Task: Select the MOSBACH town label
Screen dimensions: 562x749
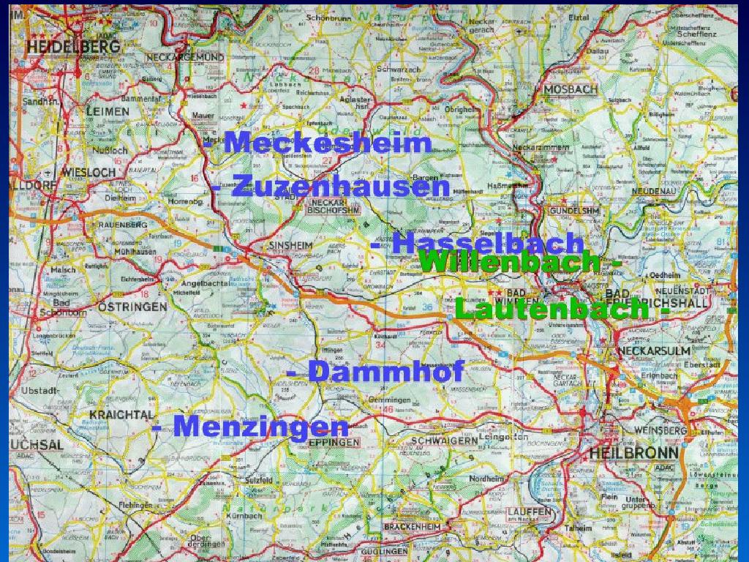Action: (571, 89)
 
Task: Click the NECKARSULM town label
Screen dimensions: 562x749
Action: (654, 351)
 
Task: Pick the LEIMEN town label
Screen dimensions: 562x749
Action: (107, 111)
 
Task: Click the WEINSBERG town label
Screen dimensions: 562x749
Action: (663, 431)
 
